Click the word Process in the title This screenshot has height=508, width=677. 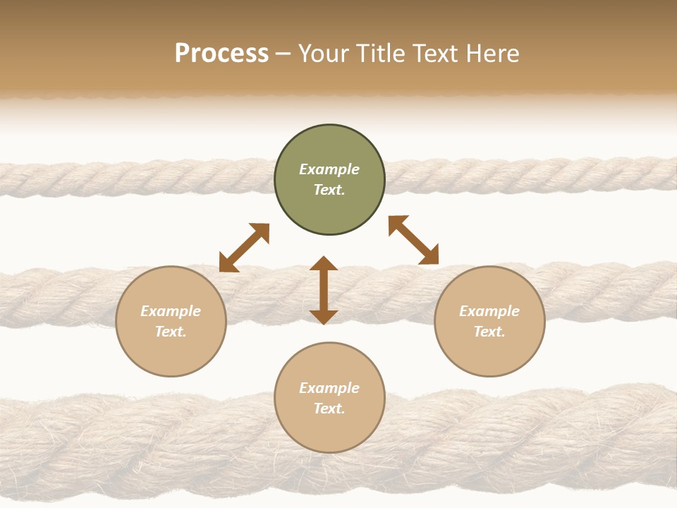coord(221,54)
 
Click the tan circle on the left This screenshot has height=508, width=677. coord(171,321)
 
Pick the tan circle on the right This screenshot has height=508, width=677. coord(489,321)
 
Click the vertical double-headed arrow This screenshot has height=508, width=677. coord(324,290)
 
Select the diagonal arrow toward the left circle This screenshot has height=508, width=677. coord(244,248)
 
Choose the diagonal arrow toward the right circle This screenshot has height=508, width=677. coord(414,240)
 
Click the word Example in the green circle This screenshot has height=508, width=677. coord(329,169)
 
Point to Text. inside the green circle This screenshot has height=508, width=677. coord(329,190)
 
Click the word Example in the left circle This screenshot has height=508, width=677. coord(171,311)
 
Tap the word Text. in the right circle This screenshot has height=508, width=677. coord(489,332)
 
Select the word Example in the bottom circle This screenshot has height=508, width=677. coord(329,388)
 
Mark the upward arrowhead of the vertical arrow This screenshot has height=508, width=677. coord(324,264)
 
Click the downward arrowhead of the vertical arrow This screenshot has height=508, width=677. coord(324,317)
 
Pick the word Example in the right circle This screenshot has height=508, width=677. coord(489,311)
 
